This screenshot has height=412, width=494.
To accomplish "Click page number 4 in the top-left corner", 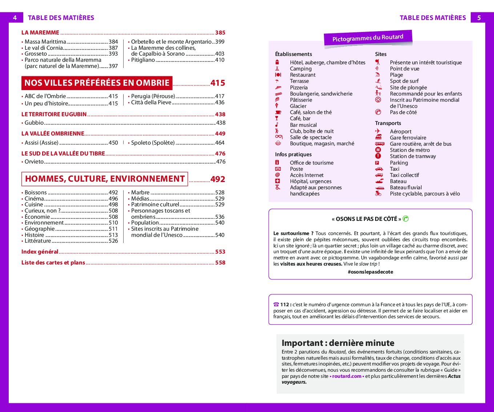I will click(15, 18).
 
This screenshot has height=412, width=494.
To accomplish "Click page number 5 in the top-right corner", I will click(479, 18).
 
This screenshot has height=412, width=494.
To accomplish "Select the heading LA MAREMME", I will click(40, 33).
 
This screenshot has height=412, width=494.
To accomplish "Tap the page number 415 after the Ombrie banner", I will click(218, 83).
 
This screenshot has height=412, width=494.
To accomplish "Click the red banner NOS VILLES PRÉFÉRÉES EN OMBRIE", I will click(97, 83).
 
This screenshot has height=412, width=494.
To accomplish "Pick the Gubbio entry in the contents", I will click(34, 123).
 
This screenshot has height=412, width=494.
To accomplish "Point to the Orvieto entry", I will click(34, 162).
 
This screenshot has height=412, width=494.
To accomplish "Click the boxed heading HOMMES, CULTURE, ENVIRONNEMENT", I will click(105, 179).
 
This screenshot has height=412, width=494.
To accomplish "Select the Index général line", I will click(40, 252).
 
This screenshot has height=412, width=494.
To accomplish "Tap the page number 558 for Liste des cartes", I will click(220, 263).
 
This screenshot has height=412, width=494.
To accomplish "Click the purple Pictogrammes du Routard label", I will click(368, 38).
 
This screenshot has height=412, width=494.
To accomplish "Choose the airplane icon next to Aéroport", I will click(378, 132).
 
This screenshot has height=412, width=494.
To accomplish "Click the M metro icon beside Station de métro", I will click(378, 150).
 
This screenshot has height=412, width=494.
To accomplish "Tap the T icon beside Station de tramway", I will click(378, 156).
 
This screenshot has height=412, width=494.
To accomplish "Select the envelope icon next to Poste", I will click(278, 169).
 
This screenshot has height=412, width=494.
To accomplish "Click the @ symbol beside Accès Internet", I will click(278, 175).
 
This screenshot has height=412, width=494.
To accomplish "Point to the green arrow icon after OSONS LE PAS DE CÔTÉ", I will click(406, 219).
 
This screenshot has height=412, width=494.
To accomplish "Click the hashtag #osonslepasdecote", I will click(370, 272).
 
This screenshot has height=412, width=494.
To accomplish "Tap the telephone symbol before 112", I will click(276, 304).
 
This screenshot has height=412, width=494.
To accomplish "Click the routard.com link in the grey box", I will click(346, 376).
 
